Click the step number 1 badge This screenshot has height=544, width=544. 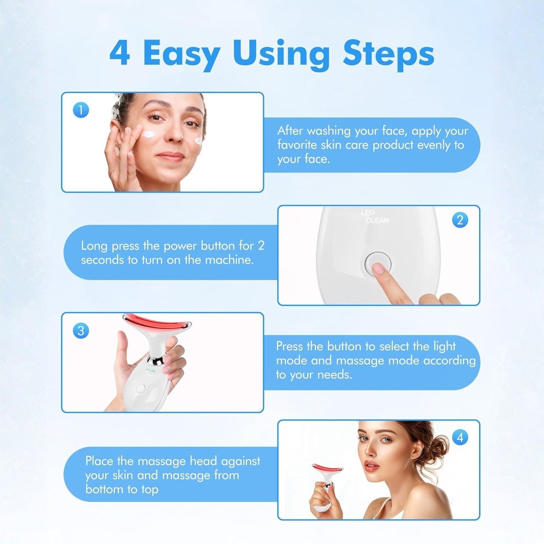(81, 110)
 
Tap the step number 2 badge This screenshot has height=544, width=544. (460, 220)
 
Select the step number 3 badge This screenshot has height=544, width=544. (81, 331)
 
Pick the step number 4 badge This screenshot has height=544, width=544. (460, 437)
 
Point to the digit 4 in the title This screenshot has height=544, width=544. (120, 54)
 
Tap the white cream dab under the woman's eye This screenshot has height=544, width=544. (149, 135)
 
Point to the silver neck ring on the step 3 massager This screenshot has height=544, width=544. (156, 360)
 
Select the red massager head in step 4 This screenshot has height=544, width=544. (327, 468)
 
